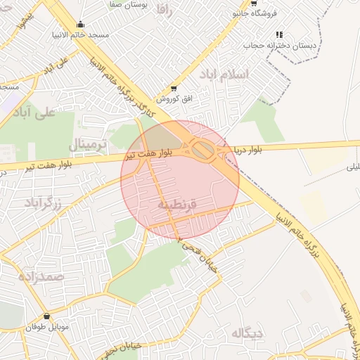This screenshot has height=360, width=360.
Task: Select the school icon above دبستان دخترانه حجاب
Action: pos(279,34)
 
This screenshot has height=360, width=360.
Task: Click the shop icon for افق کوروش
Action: pos(174,89)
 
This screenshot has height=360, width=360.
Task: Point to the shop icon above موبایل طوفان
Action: pos(46,316)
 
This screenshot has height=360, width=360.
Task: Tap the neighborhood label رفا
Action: pos(165,10)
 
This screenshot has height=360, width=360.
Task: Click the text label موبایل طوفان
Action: pos(46,328)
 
